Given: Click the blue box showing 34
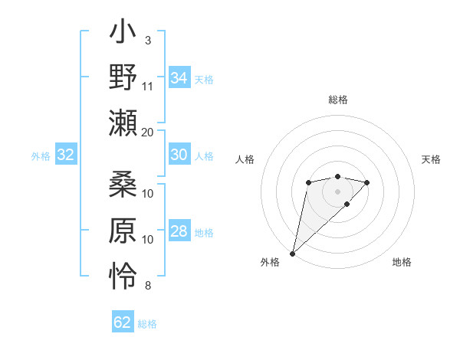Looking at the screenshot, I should pyautogui.click(x=179, y=78).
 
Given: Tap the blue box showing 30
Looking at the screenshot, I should pyautogui.click(x=179, y=155).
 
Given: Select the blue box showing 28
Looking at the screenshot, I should pyautogui.click(x=179, y=231).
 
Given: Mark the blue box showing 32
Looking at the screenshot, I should pyautogui.click(x=66, y=155).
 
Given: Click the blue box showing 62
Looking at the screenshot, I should pyautogui.click(x=123, y=322).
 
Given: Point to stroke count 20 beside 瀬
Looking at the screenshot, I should pyautogui.click(x=148, y=132).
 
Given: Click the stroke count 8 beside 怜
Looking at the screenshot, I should pyautogui.click(x=148, y=286).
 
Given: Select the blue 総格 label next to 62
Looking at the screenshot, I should pyautogui.click(x=147, y=324).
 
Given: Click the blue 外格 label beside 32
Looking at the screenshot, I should pyautogui.click(x=41, y=156).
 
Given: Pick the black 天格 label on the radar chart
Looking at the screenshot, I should pyautogui.click(x=431, y=159).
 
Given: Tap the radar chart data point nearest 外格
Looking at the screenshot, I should pyautogui.click(x=293, y=253).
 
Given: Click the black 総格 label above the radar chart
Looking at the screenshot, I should pyautogui.click(x=337, y=100).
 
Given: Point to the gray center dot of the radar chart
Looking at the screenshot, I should pyautogui.click(x=337, y=190).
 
